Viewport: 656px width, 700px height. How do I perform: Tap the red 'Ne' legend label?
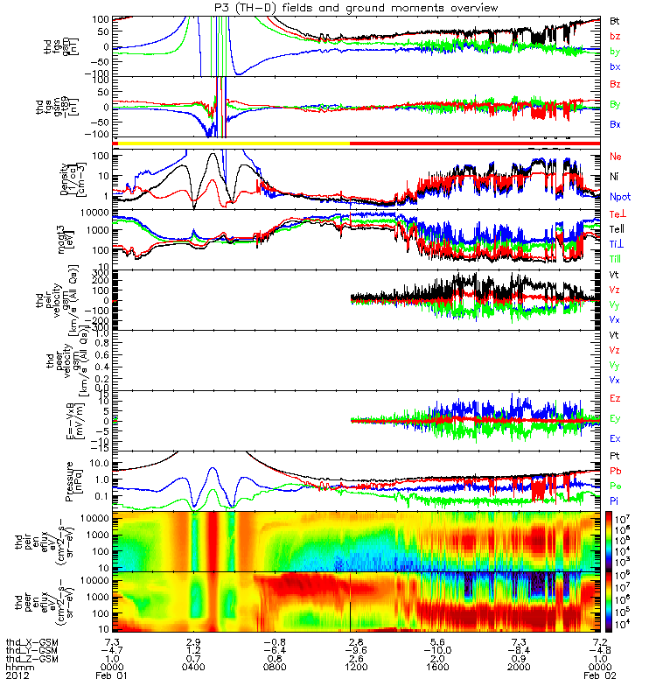tap(616, 156)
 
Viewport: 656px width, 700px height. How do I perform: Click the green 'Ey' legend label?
tap(616, 418)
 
